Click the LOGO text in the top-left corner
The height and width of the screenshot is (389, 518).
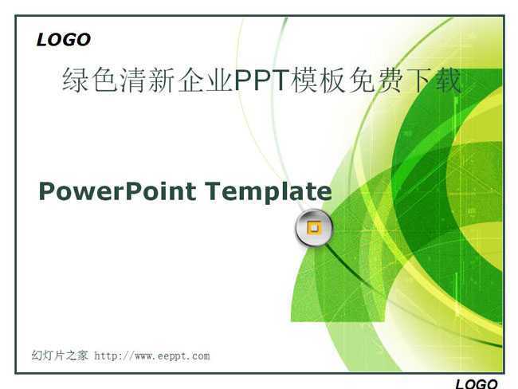[x=64, y=40]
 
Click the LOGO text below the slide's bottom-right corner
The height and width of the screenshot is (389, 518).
[x=476, y=384]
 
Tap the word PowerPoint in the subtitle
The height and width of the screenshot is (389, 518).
[x=118, y=191]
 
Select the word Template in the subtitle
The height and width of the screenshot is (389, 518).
[x=269, y=191]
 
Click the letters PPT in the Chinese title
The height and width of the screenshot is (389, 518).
[x=261, y=80]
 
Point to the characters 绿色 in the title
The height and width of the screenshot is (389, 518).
[x=90, y=80]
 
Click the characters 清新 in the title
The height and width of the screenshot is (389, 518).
[x=147, y=80]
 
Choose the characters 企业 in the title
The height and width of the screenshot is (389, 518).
[x=205, y=80]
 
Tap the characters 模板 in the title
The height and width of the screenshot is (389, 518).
[x=319, y=80]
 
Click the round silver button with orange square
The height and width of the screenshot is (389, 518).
[x=314, y=228]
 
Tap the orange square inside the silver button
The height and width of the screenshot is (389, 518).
[x=314, y=228]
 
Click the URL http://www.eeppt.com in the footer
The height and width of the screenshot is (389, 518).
[x=152, y=356]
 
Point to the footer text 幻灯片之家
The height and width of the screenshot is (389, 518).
[x=60, y=356]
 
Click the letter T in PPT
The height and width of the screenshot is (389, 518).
[x=281, y=80]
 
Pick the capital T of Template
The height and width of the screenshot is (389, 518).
[x=214, y=191]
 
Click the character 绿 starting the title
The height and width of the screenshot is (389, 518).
[x=76, y=80]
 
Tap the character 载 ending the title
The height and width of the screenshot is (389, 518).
[x=448, y=80]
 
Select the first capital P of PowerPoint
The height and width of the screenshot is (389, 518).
[x=47, y=191]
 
